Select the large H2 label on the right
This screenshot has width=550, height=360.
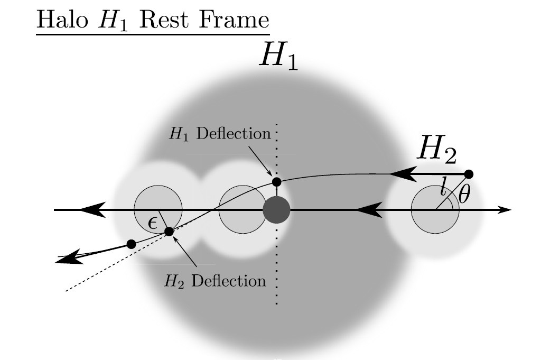[x=436, y=150]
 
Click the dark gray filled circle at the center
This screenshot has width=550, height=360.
[x=276, y=210]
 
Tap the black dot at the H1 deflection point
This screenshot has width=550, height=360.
[x=276, y=182]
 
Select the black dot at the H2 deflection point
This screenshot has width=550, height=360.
[x=169, y=232]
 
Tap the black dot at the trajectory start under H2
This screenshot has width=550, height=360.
[x=468, y=174]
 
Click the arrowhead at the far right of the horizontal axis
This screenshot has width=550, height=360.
[x=506, y=210]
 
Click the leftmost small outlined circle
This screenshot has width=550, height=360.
[x=158, y=208]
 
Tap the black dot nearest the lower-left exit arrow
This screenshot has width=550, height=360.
[x=132, y=244]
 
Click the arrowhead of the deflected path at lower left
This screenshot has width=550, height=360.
[x=69, y=259]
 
